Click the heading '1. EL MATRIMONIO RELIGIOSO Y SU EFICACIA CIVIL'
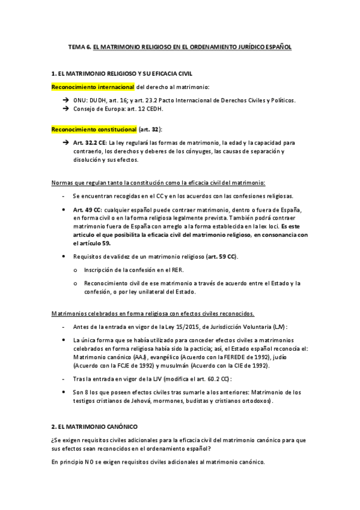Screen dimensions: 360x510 [122, 73]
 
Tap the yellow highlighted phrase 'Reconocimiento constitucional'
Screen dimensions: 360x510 [94, 129]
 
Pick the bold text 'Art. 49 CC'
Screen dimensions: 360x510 [87, 209]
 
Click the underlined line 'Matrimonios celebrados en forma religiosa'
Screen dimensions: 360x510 [152, 313]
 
